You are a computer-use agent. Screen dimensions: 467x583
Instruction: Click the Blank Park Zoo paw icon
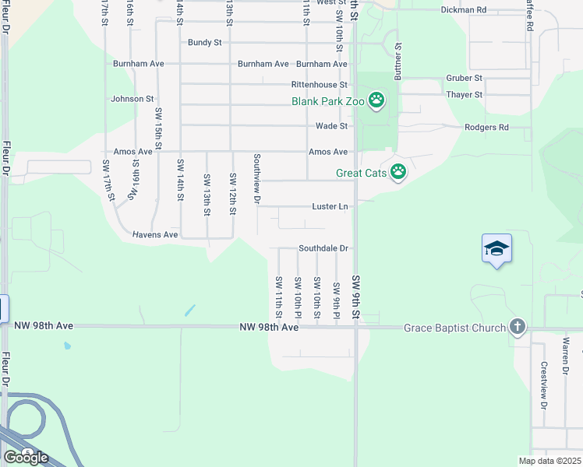[x=376, y=100]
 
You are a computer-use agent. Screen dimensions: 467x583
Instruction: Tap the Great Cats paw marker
[x=398, y=171]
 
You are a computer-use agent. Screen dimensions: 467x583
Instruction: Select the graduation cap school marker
[x=496, y=249]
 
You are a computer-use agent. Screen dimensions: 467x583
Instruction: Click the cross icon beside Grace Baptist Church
[x=517, y=327]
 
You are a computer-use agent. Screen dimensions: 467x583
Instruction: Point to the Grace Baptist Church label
[x=454, y=328]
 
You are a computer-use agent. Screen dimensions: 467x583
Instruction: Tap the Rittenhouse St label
[x=319, y=84]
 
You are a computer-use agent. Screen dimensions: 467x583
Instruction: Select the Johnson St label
[x=132, y=99]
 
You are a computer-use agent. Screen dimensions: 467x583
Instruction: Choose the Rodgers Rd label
[x=486, y=127]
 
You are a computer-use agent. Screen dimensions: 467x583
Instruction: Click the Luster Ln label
[x=329, y=206]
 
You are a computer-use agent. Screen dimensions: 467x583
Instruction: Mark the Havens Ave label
[x=155, y=234]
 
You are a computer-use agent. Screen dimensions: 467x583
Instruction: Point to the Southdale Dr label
[x=323, y=248]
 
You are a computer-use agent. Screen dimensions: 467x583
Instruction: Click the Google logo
[x=26, y=457]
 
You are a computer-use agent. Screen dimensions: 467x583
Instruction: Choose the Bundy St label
[x=205, y=42]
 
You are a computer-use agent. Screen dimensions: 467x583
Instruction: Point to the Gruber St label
[x=465, y=78]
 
